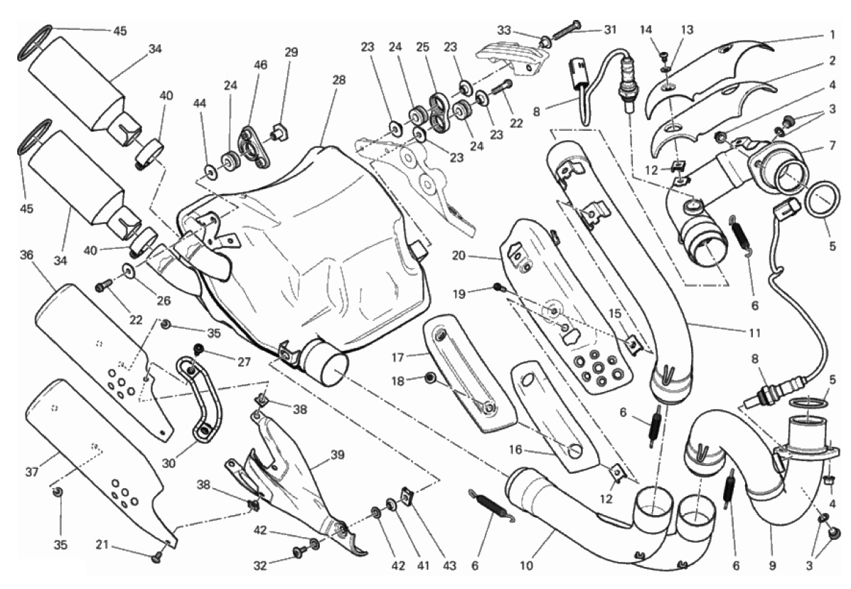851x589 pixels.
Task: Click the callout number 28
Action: [x=338, y=80]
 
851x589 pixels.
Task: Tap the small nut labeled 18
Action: [x=430, y=379]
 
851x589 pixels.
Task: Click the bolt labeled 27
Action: [x=198, y=349]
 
